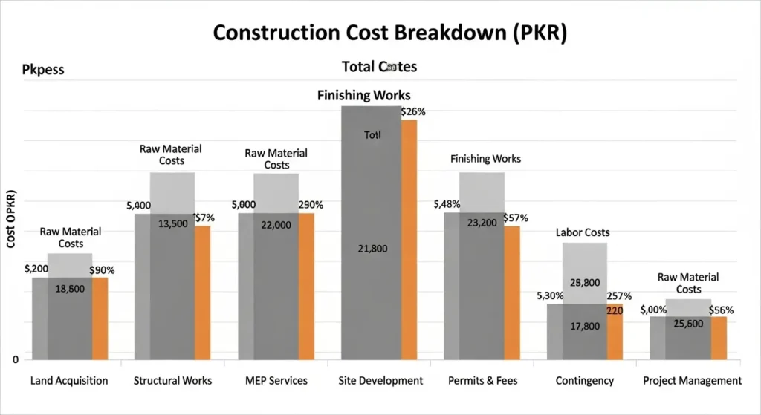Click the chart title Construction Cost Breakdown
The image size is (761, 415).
pos(380,33)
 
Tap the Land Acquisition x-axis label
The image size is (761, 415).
pos(69,381)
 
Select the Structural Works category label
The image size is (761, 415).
pos(172,381)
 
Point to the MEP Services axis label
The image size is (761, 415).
pos(276,381)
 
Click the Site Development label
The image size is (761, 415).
pos(380,381)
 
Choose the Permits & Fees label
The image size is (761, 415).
pos(483,381)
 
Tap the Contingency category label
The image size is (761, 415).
pos(585,381)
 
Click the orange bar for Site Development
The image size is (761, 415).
pos(409,238)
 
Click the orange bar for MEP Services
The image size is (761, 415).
pos(306,286)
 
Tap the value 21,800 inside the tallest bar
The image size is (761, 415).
pos(372,249)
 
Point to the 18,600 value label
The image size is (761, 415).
pos(70,289)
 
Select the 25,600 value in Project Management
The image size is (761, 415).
pos(689,324)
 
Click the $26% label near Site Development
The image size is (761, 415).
pos(413,111)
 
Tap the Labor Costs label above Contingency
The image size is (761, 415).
pos(583,232)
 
